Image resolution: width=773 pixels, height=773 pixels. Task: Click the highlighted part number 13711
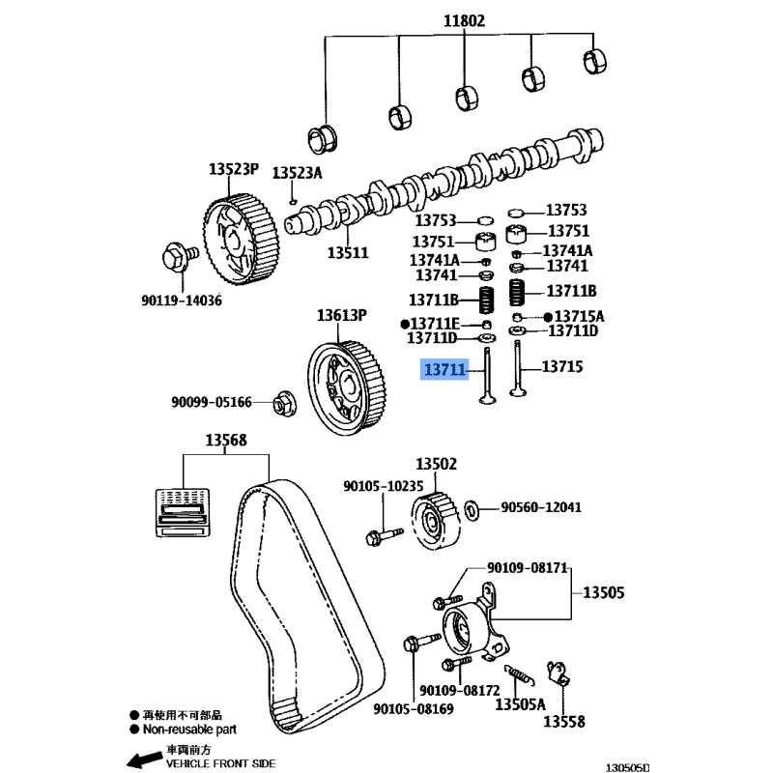click(x=444, y=369)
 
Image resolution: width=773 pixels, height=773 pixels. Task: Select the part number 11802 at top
click(x=464, y=20)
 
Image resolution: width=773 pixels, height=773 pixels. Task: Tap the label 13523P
click(x=234, y=169)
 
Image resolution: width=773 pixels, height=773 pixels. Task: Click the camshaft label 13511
click(x=348, y=252)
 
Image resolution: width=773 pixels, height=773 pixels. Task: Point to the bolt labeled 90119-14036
click(x=178, y=256)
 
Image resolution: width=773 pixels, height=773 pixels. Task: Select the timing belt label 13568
click(x=225, y=441)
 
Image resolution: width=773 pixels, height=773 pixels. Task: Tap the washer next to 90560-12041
click(x=473, y=508)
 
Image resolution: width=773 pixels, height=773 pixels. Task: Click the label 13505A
click(x=520, y=704)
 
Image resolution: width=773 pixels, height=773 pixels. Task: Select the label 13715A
click(x=580, y=316)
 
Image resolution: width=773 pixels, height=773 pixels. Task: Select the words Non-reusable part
click(x=189, y=731)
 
